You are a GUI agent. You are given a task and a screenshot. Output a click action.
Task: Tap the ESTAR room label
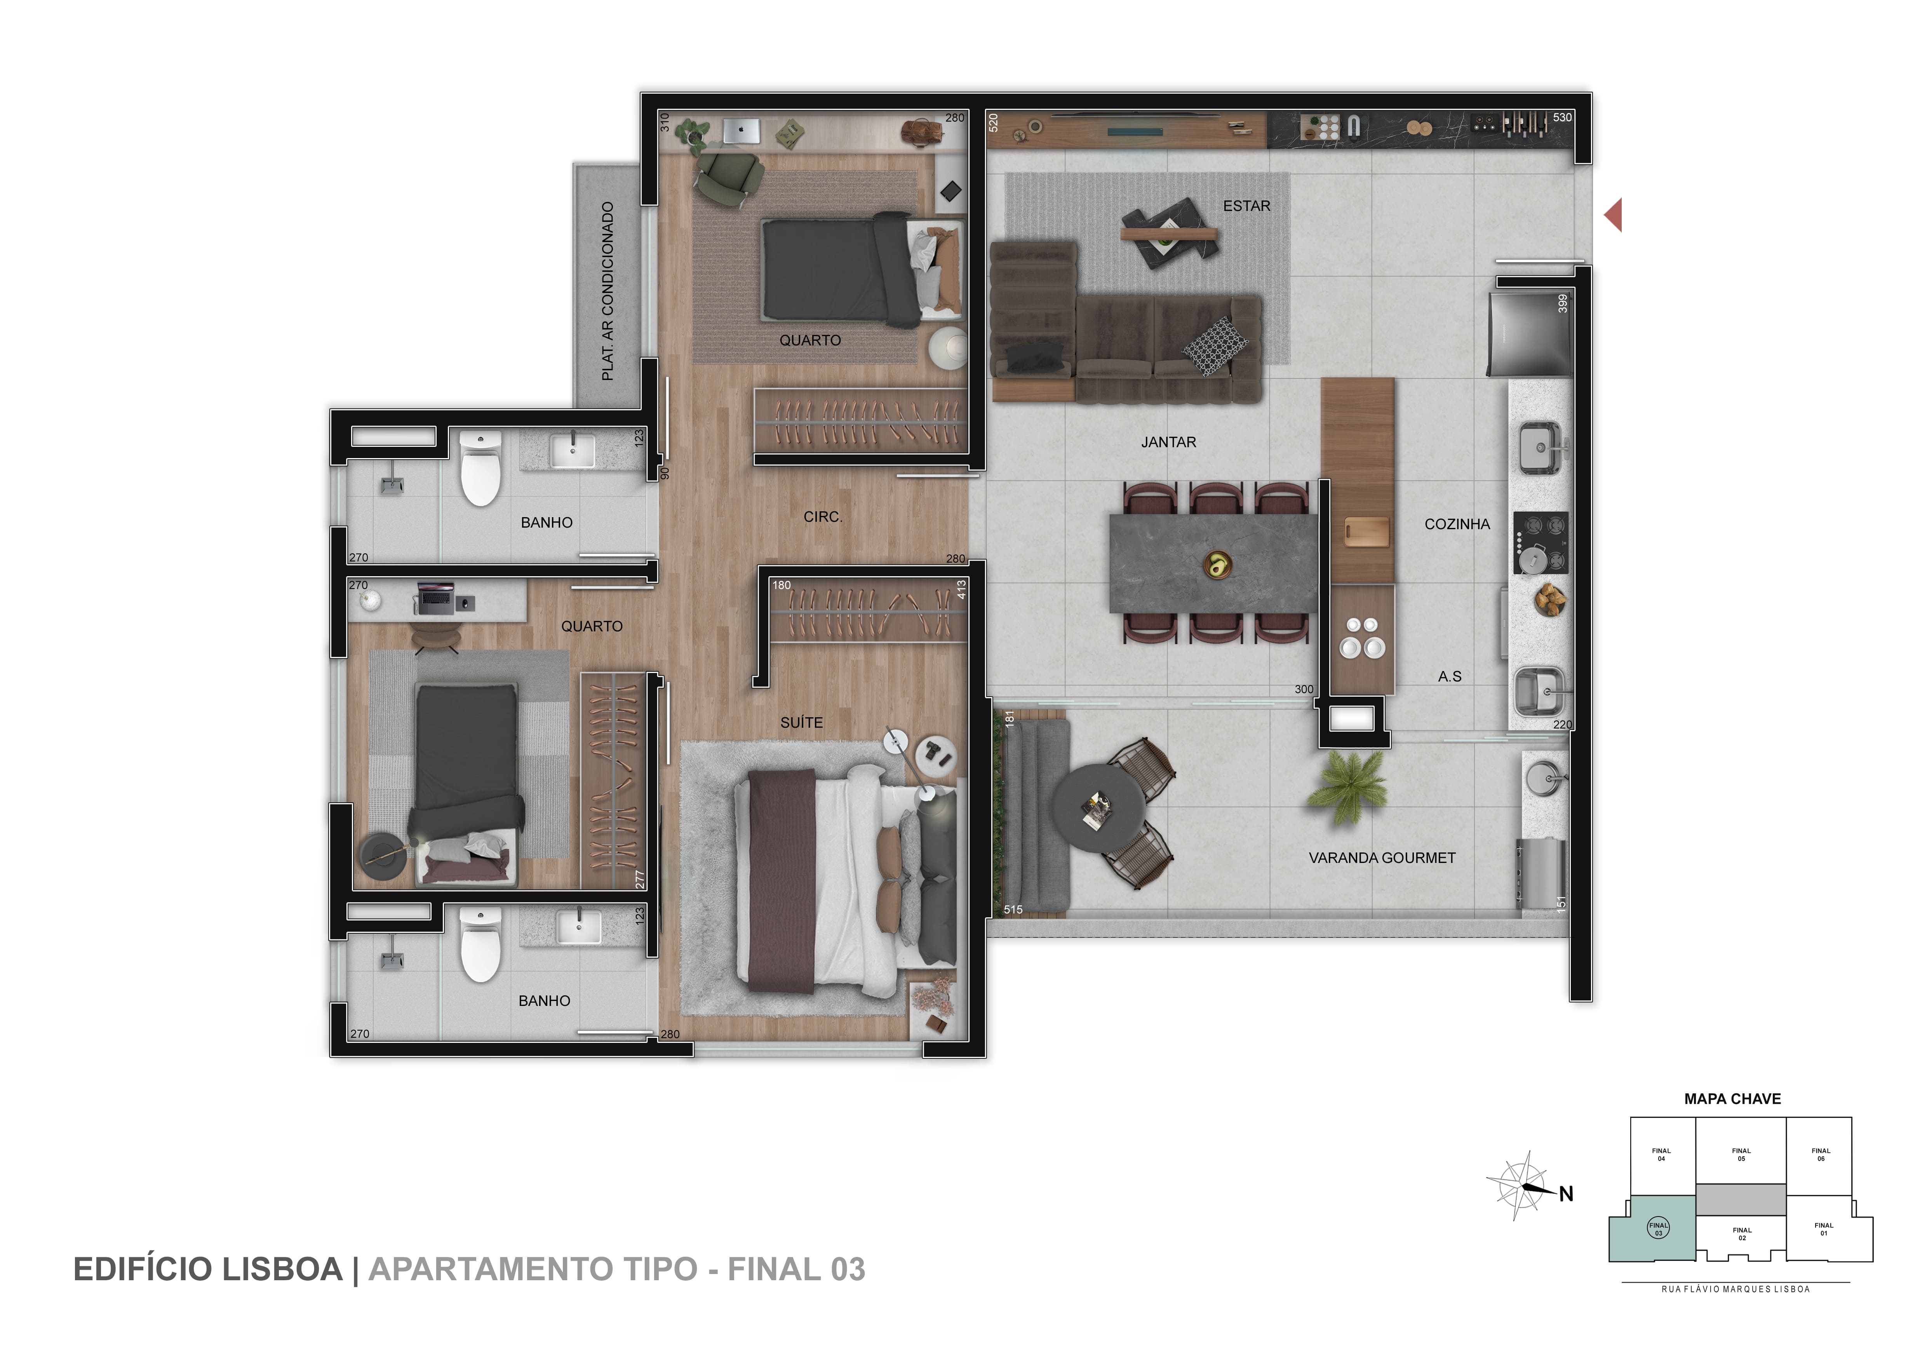(1246, 206)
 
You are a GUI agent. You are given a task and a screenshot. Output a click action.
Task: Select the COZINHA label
(1457, 524)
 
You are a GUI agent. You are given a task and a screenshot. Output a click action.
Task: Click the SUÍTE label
(801, 722)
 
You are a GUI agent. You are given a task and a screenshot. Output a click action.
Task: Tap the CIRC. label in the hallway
(823, 517)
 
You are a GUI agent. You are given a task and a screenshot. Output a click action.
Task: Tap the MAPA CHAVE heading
(1732, 1099)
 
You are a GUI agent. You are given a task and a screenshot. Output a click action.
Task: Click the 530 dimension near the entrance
(1562, 117)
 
